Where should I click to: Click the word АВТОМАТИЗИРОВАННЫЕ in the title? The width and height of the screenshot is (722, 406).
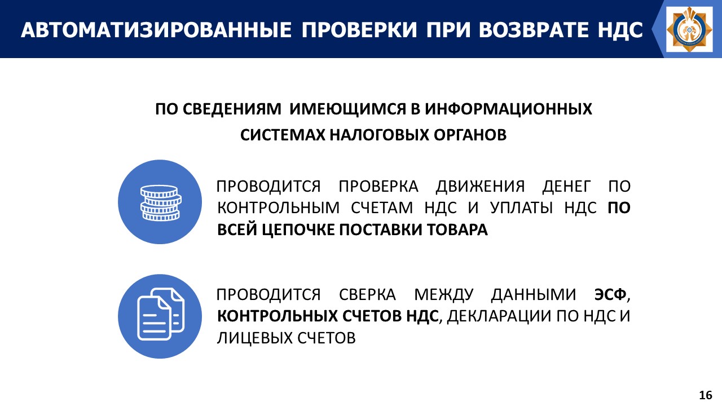[x=156, y=30]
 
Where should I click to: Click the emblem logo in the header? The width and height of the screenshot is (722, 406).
[x=690, y=29]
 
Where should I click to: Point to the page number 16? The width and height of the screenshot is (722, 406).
[x=706, y=395]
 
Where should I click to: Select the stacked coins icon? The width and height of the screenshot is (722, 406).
[x=161, y=202]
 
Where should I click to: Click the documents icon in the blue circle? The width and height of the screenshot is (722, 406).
[x=161, y=314]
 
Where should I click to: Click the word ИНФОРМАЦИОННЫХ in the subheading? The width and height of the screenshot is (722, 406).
[x=508, y=109]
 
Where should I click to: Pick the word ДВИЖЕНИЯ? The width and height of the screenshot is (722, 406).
[x=480, y=187]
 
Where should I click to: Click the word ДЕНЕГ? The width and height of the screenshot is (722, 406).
[x=567, y=187]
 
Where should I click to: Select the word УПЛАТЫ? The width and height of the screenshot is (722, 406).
[x=521, y=208]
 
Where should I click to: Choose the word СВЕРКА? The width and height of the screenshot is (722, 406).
[x=367, y=295]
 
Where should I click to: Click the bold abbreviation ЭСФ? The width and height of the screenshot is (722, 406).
[x=610, y=294]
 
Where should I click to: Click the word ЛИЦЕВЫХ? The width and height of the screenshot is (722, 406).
[x=254, y=338]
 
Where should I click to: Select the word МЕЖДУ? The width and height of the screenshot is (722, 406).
[x=443, y=295]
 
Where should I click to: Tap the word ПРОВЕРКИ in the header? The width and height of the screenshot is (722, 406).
[x=359, y=30]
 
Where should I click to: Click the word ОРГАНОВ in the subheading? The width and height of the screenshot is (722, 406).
[x=470, y=135]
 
